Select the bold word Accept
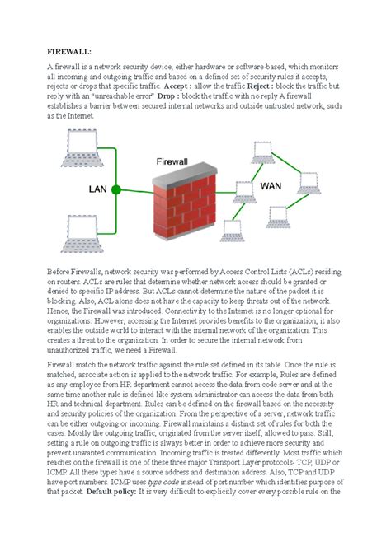tap(177, 86)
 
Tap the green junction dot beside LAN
tap(116, 189)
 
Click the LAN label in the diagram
tap(98, 189)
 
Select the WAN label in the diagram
tap(271, 186)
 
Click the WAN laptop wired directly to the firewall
tap(243, 191)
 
